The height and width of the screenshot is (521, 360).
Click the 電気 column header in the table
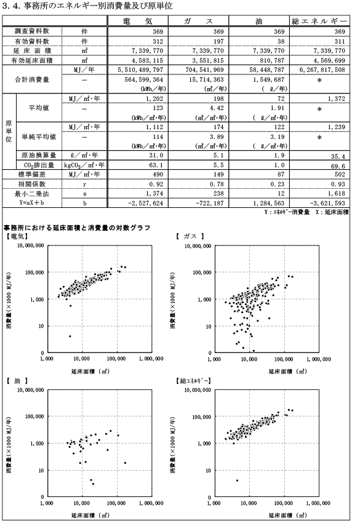tap(137, 22)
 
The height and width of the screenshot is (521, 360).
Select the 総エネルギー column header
tap(319, 22)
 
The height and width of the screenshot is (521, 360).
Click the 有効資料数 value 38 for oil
tap(281, 41)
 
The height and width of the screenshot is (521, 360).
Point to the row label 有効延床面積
tap(32, 60)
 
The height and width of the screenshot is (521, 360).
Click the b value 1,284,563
tap(268, 203)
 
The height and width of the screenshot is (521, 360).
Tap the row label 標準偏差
tap(32, 175)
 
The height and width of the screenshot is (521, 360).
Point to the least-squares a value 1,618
tap(337, 193)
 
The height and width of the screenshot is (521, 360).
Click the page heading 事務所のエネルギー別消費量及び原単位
tap(98, 6)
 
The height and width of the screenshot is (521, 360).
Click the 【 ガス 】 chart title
tap(190, 236)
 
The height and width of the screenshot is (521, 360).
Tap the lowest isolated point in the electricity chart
tap(70, 336)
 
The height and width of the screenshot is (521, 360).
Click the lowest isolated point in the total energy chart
tap(237, 480)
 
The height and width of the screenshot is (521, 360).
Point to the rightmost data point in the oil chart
tap(125, 463)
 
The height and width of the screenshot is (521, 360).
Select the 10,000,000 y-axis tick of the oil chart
tap(31, 390)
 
